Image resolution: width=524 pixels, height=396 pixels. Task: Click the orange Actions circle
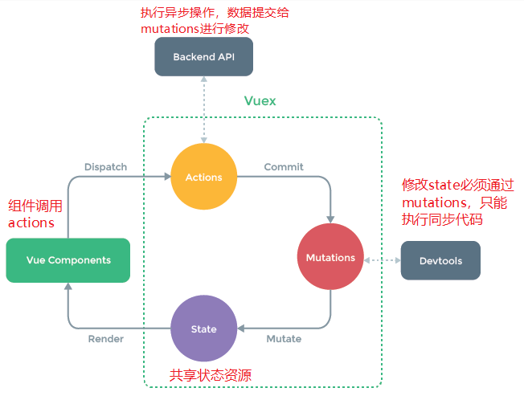pos(203,177)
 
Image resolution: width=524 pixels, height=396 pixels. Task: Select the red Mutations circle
pos(330,258)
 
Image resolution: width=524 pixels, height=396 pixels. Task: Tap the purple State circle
pos(203,329)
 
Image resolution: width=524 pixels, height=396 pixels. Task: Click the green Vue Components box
pos(68,260)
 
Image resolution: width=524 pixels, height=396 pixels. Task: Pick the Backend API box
pos(203,57)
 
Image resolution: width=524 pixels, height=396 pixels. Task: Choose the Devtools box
pos(440,260)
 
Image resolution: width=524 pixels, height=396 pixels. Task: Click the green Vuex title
pos(261,101)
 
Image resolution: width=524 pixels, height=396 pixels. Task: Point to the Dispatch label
pos(105,167)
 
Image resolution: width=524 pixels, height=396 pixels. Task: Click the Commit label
pos(284,167)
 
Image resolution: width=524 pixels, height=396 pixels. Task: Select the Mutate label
pos(284,339)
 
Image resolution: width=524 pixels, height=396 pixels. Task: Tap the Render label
pos(105,339)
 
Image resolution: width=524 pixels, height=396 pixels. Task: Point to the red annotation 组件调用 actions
pos(35,214)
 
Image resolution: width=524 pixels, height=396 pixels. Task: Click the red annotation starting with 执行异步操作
pos(194,20)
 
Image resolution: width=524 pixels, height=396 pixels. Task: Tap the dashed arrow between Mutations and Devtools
pos(381,260)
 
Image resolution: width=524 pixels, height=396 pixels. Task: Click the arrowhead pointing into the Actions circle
pos(166,177)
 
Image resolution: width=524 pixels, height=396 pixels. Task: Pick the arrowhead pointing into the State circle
pos(242,329)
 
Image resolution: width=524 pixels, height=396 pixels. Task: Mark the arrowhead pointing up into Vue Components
pos(68,288)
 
